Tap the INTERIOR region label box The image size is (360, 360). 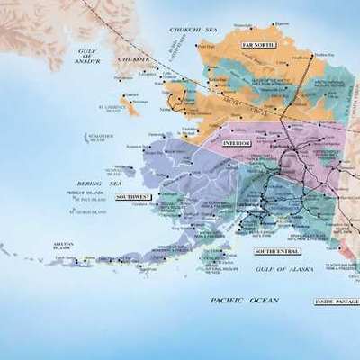click(236, 143)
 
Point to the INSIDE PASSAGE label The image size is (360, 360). click(336, 301)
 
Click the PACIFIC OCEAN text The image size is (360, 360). click(244, 300)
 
